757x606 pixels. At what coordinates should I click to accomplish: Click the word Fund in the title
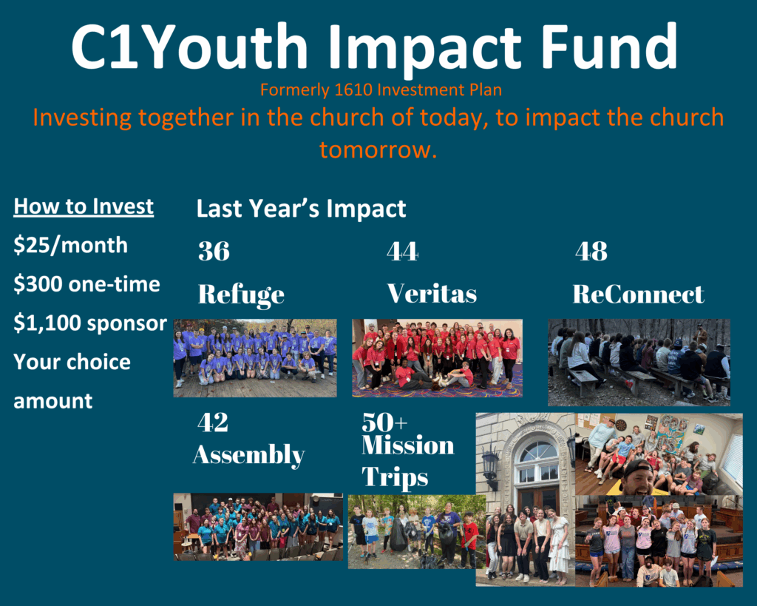(x=609, y=47)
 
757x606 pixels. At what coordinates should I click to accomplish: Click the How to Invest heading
(x=84, y=207)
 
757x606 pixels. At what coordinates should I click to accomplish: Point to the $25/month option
(x=70, y=246)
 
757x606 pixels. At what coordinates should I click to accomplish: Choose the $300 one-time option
(x=87, y=284)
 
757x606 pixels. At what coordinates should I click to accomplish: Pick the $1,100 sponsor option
(x=90, y=323)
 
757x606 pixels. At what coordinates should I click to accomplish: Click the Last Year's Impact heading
(x=302, y=209)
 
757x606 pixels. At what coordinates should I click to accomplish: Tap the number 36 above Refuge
(x=214, y=252)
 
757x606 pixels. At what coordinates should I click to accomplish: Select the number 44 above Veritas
(x=403, y=252)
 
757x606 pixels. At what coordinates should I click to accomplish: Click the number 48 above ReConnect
(x=591, y=252)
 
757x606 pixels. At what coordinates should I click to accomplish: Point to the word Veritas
(x=432, y=294)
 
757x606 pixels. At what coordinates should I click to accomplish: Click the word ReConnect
(x=638, y=294)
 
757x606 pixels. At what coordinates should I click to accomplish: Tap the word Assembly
(x=248, y=455)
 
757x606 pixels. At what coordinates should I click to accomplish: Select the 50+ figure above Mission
(x=384, y=422)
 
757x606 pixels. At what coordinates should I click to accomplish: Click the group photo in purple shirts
(x=255, y=358)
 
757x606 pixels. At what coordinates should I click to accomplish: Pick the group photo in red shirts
(x=438, y=358)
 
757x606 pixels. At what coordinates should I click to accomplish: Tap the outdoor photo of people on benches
(x=639, y=363)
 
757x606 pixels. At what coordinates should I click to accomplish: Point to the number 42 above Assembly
(x=213, y=422)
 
